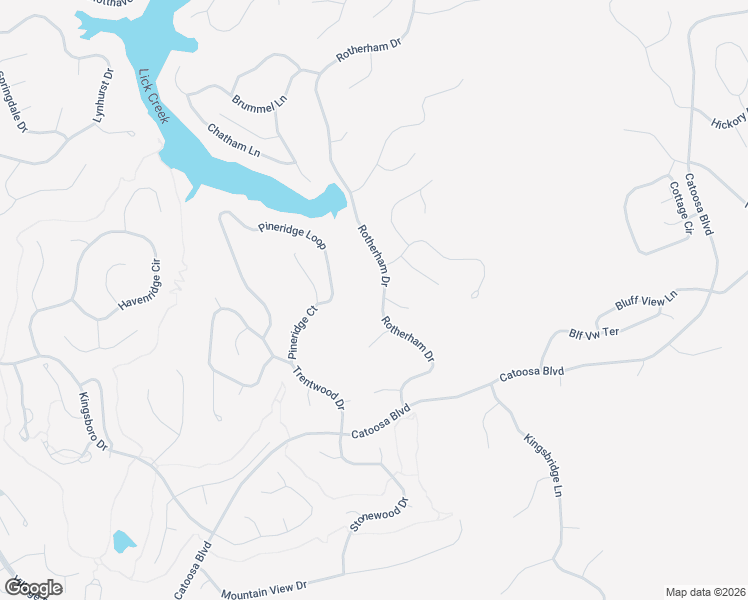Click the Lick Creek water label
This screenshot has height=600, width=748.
coord(155,96)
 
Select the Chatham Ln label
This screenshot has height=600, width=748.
coord(234,139)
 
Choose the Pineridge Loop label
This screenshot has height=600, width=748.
coord(291,236)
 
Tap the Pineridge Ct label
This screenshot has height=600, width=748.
coord(302,332)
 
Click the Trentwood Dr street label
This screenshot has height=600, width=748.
coord(319,389)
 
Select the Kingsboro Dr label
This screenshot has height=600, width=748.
coord(93,422)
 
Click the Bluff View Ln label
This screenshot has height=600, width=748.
coord(645,302)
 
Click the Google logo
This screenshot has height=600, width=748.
coord(33,588)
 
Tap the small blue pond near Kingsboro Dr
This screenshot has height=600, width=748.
coord(123,542)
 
